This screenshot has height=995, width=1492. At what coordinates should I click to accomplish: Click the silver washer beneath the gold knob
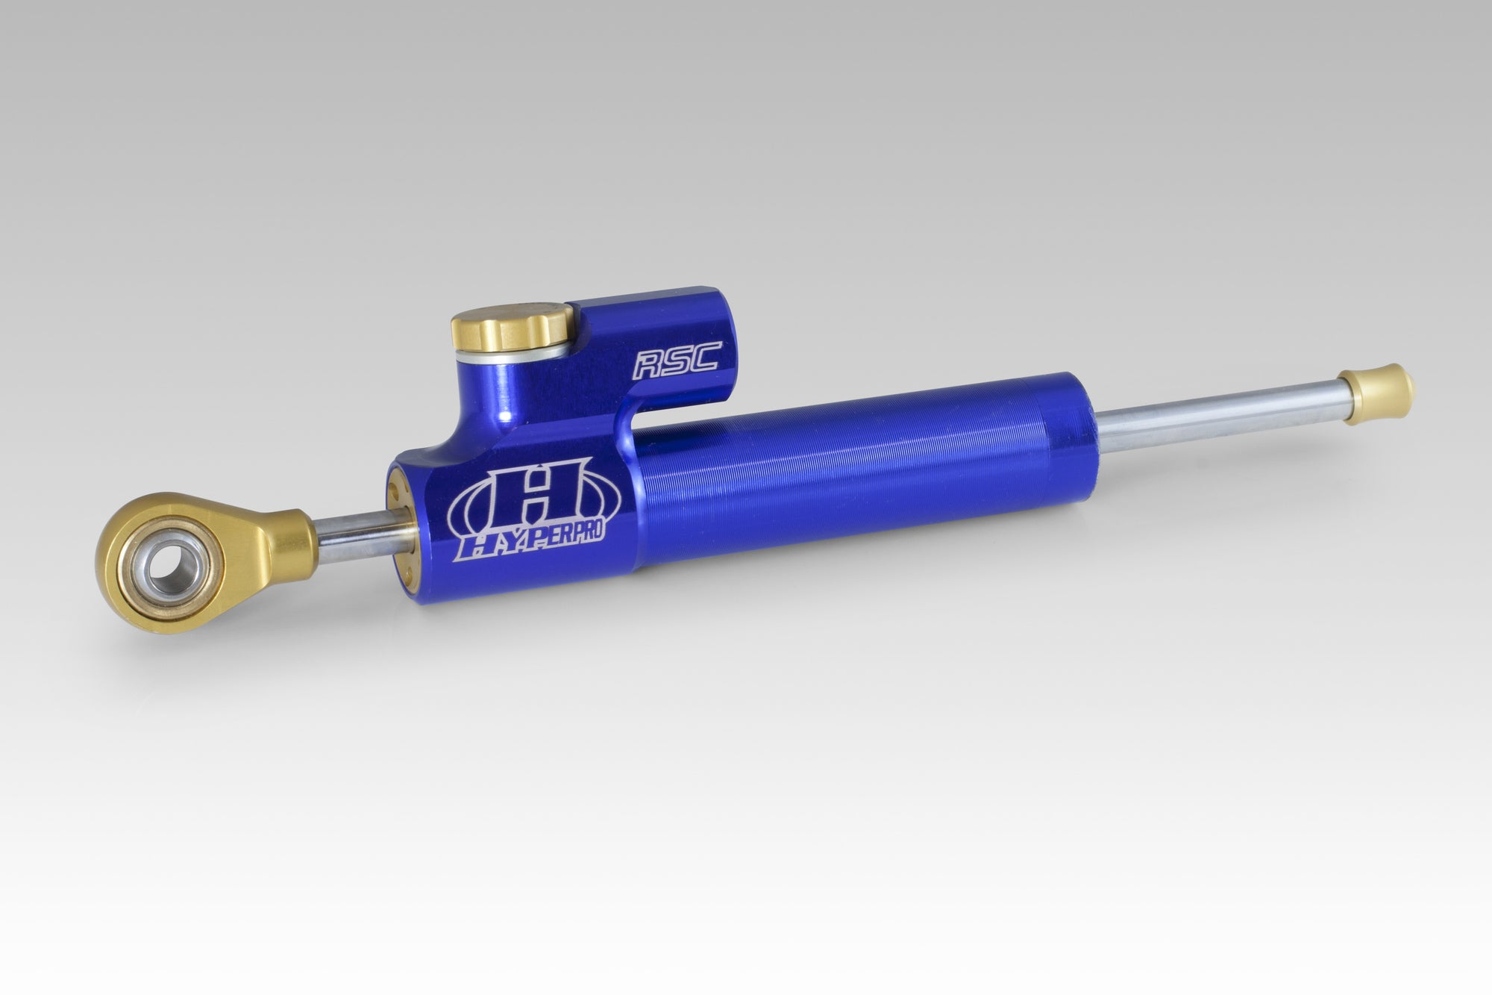pos(515,358)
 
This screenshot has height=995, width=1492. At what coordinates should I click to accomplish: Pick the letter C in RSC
pos(703,360)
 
